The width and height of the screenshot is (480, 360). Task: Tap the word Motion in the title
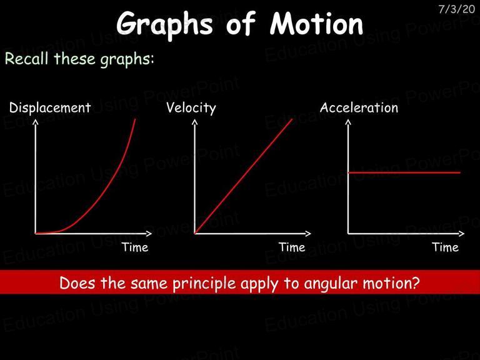[x=316, y=23]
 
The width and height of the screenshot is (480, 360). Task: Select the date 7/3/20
[x=457, y=9]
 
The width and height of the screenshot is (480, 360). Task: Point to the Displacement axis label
[x=50, y=107]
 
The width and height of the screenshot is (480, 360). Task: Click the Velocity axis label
[x=191, y=108]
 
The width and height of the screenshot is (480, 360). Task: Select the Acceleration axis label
[x=359, y=107]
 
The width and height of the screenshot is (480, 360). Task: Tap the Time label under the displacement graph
[x=135, y=247]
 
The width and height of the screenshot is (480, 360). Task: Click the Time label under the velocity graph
[x=292, y=247]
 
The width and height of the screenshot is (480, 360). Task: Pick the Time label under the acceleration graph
[x=446, y=247]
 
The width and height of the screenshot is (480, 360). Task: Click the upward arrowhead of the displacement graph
[x=36, y=122]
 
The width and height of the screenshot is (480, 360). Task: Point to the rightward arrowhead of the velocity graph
[x=308, y=234]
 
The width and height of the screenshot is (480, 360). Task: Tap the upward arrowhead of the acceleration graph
[x=348, y=122]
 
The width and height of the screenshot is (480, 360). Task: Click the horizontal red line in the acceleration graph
[x=404, y=172]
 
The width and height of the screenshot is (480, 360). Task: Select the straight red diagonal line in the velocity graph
[x=243, y=176]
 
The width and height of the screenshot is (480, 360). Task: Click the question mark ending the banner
[x=416, y=283]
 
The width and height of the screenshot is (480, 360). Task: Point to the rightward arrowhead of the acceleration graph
[x=461, y=234]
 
